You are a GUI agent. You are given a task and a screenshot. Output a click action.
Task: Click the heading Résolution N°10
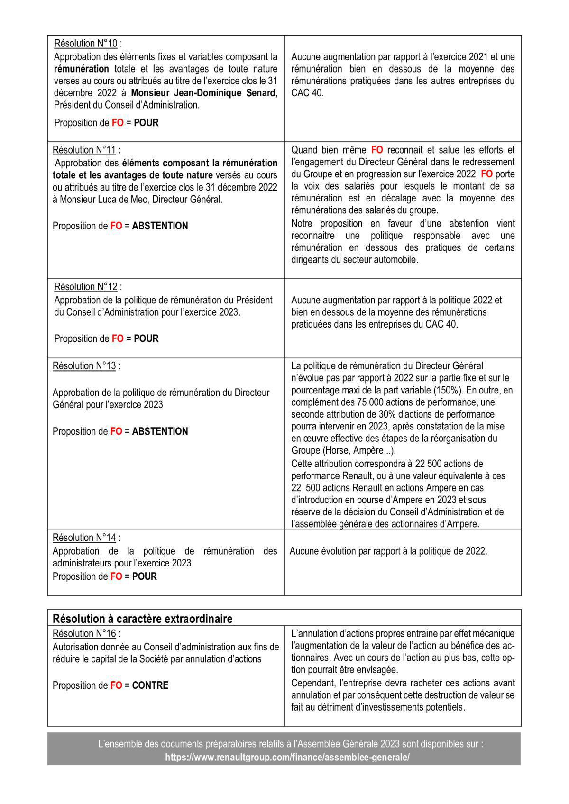(x=86, y=44)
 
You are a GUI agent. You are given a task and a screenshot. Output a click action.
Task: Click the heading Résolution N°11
(x=84, y=150)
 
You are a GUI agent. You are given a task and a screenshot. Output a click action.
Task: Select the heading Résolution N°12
(x=86, y=287)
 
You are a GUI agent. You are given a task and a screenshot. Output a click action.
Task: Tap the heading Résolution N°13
(x=84, y=366)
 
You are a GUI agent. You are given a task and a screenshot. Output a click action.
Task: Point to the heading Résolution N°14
(x=84, y=538)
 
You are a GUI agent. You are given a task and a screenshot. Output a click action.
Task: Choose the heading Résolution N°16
(x=84, y=634)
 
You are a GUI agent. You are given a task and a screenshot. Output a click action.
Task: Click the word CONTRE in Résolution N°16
(x=150, y=685)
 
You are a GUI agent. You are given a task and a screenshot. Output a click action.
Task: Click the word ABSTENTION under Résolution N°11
(x=160, y=226)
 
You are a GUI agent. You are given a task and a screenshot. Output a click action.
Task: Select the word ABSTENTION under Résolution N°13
(x=160, y=431)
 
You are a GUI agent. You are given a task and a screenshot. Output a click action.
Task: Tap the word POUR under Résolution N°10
(x=146, y=123)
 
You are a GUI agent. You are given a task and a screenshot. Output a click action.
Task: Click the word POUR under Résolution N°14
(x=144, y=576)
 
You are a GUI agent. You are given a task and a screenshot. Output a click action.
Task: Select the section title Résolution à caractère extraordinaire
(x=142, y=619)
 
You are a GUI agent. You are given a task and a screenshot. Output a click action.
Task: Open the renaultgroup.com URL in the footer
(x=287, y=757)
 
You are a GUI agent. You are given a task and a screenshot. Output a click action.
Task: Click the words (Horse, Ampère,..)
(x=358, y=451)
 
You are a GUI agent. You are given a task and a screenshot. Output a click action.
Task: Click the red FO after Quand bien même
(x=377, y=150)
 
